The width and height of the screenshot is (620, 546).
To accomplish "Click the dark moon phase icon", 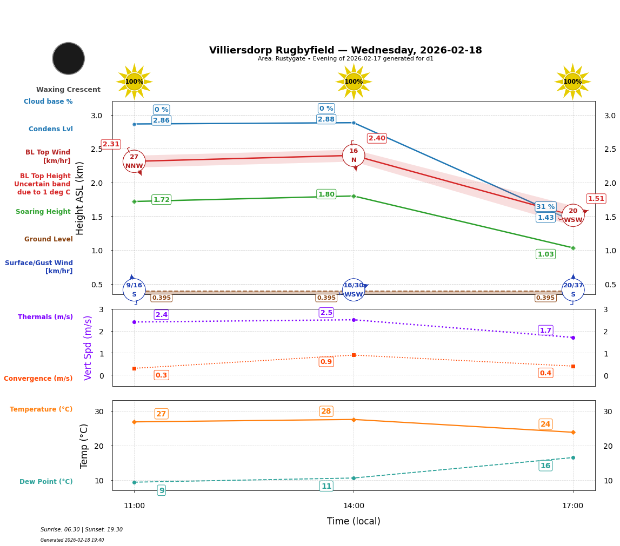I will tap(69, 58).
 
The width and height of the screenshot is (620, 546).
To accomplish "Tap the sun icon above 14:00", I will tap(354, 82).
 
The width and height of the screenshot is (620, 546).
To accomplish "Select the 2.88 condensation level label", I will tap(326, 119).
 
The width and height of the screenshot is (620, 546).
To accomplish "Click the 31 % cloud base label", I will tap(545, 207).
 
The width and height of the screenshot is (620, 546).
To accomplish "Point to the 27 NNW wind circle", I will tap(134, 161).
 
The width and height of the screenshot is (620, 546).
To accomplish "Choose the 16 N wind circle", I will tap(354, 156).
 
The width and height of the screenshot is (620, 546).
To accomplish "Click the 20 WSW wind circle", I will tap(573, 215).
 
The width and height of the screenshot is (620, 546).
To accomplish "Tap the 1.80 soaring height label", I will tap(326, 194).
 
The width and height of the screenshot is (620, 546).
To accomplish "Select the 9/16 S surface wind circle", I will tap(134, 290).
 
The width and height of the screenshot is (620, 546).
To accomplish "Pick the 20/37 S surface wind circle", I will tap(573, 290).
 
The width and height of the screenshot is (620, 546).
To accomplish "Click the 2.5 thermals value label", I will tap(326, 313).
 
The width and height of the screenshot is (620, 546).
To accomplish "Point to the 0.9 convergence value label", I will tap(326, 362).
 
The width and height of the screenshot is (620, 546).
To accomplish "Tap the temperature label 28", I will tap(326, 412).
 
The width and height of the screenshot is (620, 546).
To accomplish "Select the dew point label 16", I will tap(545, 466).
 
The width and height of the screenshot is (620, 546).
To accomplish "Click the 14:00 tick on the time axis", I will tap(354, 506).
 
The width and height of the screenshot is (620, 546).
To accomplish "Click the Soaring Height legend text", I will tap(43, 212).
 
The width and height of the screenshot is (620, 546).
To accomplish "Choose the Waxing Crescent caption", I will tap(68, 90).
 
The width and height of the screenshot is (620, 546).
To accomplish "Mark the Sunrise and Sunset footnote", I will tap(82, 530).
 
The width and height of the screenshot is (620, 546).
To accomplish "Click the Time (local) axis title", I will tap(354, 521).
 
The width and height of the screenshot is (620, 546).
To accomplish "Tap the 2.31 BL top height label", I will tap(111, 144).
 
